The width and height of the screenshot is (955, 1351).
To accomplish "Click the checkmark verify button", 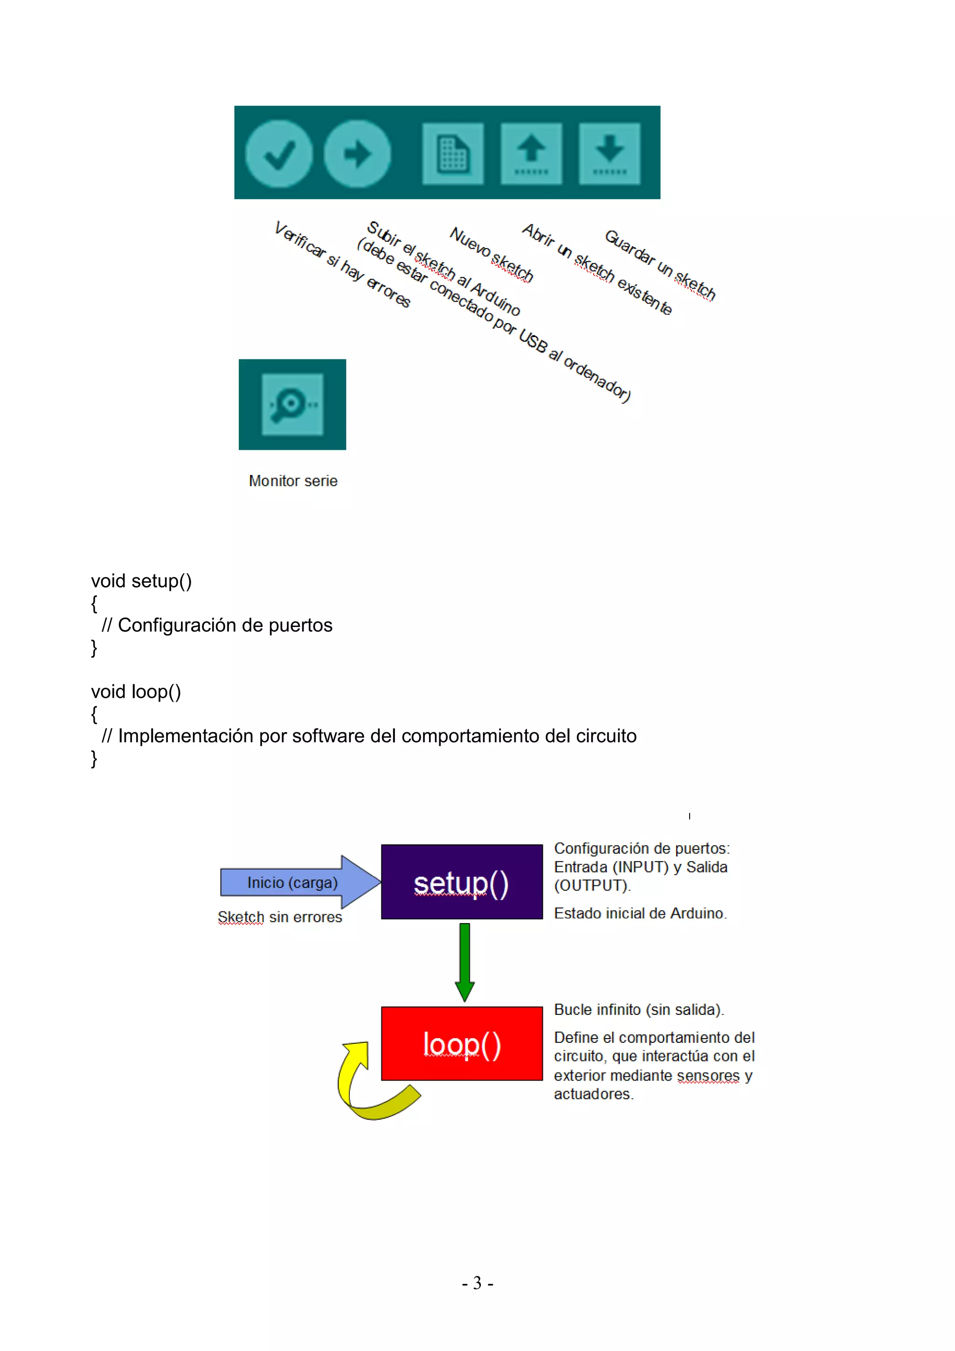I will (278, 153).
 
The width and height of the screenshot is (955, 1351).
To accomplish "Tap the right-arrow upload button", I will (357, 153).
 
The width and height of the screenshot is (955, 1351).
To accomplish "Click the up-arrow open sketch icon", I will (531, 153).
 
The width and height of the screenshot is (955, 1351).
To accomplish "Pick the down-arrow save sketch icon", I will (609, 153).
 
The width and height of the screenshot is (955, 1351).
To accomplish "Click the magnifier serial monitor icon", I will (292, 405).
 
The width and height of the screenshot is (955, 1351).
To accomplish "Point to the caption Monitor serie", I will (293, 481).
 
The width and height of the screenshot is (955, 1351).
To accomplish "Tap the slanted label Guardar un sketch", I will (660, 265).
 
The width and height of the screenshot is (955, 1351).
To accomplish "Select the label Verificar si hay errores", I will (342, 264).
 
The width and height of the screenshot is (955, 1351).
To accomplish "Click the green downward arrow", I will (465, 961).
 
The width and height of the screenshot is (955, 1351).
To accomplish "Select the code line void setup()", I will (141, 581).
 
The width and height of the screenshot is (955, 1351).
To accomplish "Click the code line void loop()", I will (136, 691).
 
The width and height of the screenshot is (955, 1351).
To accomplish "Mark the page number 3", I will (477, 1283).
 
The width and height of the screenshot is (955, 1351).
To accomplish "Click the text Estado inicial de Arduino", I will (640, 913).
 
